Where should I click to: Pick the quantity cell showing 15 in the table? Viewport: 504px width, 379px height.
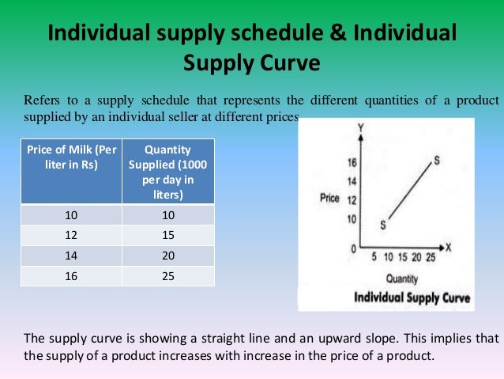166,236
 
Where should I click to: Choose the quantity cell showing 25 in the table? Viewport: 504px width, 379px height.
166,277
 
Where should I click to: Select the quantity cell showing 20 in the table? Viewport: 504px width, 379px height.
166,256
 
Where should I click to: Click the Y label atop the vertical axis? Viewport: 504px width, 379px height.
359,127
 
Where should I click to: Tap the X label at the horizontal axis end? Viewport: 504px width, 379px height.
448,247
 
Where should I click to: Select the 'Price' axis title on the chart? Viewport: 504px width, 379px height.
329,198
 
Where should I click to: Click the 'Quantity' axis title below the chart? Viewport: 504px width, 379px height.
402,279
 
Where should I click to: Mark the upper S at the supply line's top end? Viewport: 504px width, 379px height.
437,161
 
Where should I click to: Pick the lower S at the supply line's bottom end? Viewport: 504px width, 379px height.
383,225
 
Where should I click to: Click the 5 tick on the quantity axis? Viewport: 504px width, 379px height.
373,259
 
